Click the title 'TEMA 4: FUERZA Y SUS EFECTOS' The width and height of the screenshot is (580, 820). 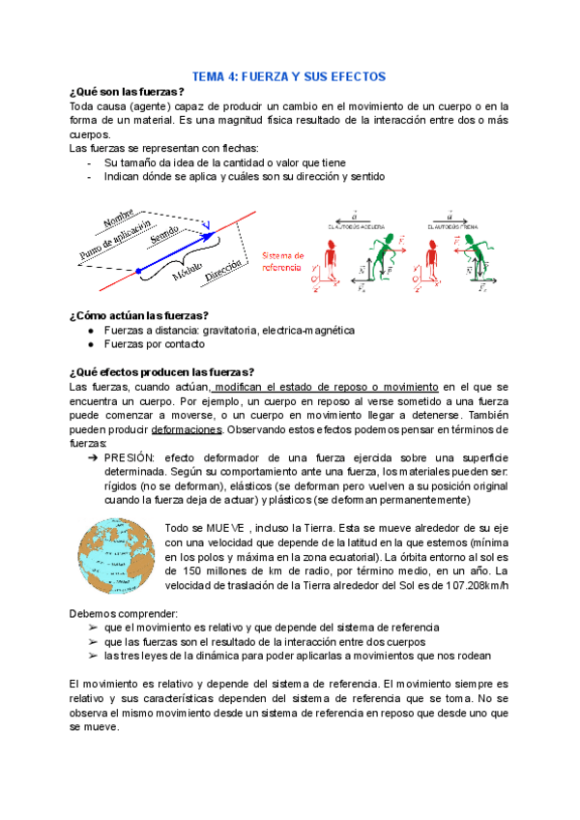click(x=289, y=75)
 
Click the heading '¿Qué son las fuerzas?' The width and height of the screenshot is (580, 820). click(x=127, y=92)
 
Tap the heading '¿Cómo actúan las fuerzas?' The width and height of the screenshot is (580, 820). click(x=139, y=314)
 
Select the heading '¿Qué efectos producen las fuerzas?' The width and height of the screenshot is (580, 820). click(x=160, y=371)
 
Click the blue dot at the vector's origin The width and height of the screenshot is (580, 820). click(x=138, y=270)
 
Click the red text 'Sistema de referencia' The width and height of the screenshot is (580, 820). click(x=282, y=260)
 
